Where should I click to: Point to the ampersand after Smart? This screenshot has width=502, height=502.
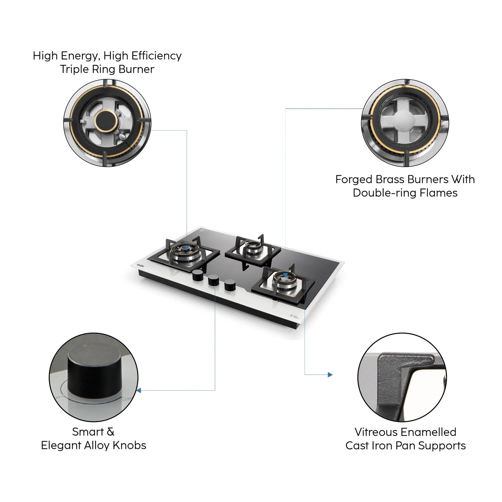point(110,432)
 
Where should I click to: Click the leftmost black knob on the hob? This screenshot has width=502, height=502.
point(198,275)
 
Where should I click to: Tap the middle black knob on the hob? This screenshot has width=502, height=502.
point(214,280)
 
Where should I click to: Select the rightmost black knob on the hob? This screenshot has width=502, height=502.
point(230,286)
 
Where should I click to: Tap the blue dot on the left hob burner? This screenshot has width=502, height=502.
point(187,248)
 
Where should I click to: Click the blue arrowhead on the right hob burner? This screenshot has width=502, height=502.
point(285,275)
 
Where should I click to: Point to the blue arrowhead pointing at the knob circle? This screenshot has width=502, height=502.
point(139,390)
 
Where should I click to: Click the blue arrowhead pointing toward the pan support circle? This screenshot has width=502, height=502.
point(330,375)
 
